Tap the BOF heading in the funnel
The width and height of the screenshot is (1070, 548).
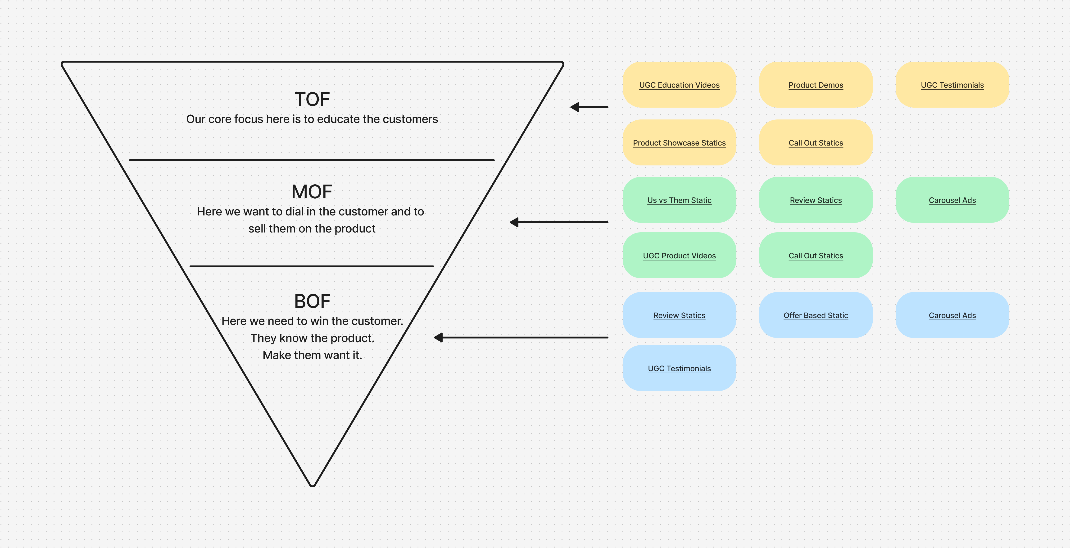pyautogui.click(x=312, y=301)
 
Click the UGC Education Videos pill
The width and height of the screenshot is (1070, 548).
pyautogui.click(x=679, y=85)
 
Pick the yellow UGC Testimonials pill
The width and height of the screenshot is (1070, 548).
pyautogui.click(x=952, y=85)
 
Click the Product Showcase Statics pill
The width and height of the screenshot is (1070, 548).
pyautogui.click(x=679, y=142)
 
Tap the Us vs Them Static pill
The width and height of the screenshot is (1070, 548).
pyautogui.click(x=679, y=200)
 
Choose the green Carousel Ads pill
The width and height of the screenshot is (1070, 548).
pyautogui.click(x=952, y=200)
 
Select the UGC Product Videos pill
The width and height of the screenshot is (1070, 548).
pyautogui.click(x=679, y=256)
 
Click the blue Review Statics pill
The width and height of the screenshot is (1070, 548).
pyautogui.click(x=679, y=315)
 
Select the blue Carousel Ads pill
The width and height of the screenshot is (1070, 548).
pyautogui.click(x=952, y=315)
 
